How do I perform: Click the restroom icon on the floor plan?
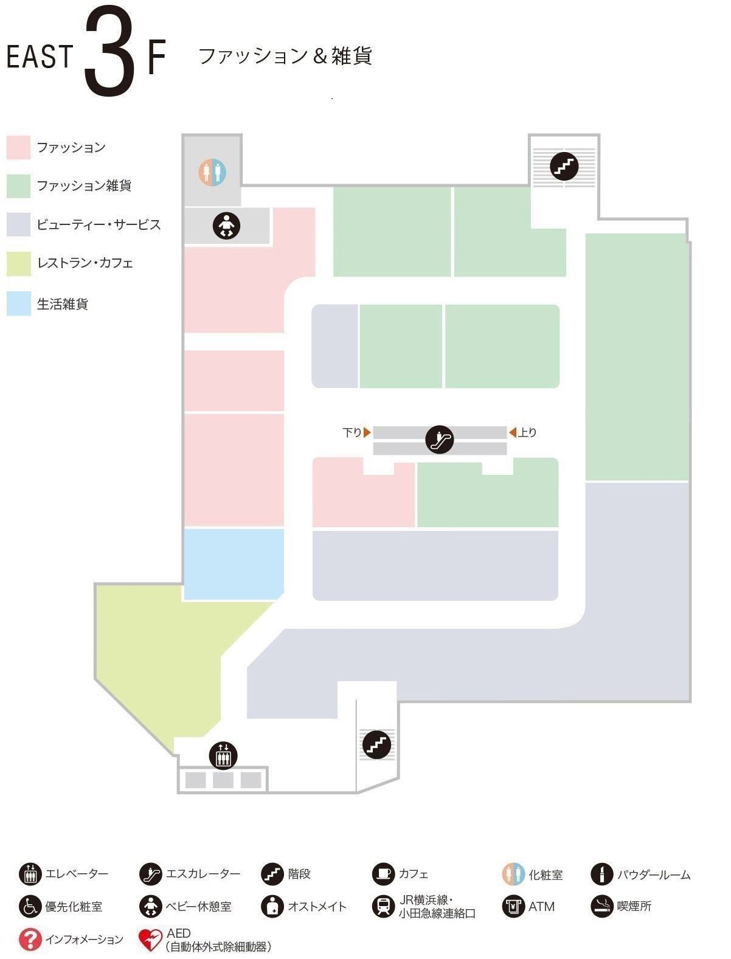pos(212,172)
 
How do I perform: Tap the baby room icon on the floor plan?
pos(226,226)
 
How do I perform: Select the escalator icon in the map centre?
pos(439,439)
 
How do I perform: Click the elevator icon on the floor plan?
pos(223,755)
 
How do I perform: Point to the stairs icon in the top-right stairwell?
pos(564,166)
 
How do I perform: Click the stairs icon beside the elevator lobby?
pos(376,744)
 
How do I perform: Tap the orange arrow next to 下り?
pos(367,432)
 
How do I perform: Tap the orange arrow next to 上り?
pos(513,432)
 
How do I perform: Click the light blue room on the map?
pos(234,564)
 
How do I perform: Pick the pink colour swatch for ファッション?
pos(18,147)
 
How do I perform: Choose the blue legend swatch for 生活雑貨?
pos(18,303)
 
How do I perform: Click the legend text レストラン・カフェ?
pos(85,263)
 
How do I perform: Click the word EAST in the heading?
pos(40,57)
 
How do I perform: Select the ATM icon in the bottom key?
pos(513,907)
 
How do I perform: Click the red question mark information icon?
pos(30,939)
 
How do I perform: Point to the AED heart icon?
pos(150,940)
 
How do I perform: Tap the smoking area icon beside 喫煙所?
pos(601,907)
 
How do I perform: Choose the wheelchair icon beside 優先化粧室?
pos(30,907)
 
